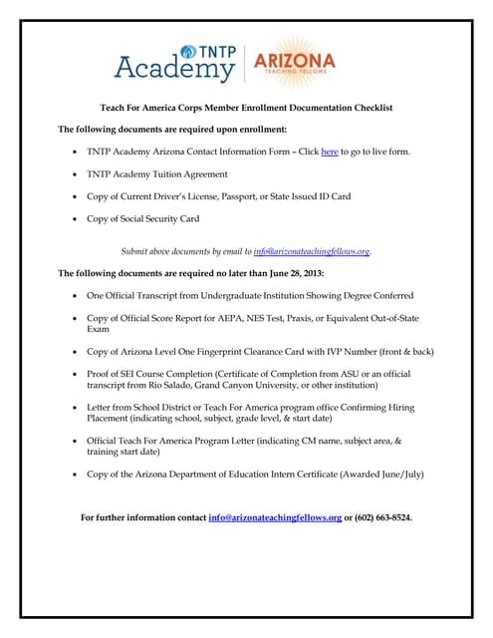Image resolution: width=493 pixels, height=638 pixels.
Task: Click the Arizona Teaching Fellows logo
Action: point(295,61)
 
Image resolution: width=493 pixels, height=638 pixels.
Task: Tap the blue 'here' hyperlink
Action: point(330,152)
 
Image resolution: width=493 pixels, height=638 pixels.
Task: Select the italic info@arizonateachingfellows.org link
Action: point(312,251)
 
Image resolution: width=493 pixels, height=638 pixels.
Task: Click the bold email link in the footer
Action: point(275,517)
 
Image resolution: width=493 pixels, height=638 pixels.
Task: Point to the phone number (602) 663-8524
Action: point(381,517)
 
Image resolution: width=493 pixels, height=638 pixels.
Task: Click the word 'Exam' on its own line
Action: point(97,329)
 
